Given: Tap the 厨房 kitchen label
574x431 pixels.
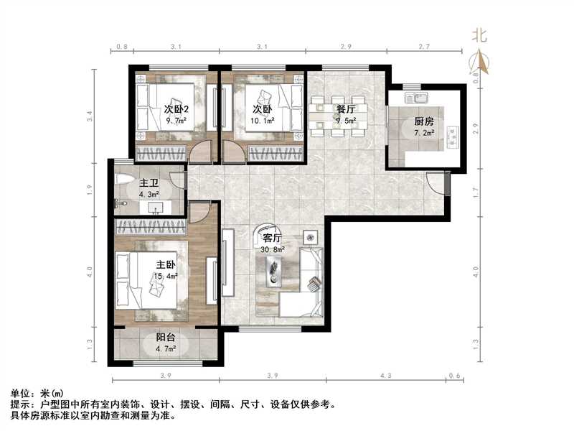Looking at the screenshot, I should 423,121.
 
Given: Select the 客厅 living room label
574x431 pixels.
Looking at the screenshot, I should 272,238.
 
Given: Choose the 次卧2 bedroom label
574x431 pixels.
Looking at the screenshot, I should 176,110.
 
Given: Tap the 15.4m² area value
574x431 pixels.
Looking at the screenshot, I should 166,275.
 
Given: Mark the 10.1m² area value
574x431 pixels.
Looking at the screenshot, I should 262,121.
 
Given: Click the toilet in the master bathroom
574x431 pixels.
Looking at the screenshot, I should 123,180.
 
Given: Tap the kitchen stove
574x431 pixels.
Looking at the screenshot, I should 453,134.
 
